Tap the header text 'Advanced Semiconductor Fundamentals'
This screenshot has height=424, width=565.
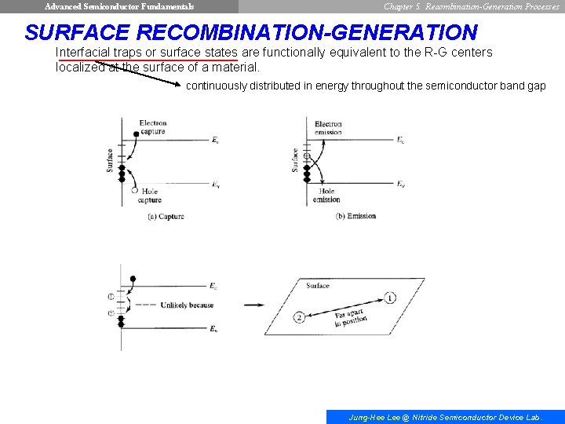click(x=119, y=6)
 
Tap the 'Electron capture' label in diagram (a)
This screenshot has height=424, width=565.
click(x=153, y=127)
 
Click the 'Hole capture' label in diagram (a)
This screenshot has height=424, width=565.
click(x=151, y=196)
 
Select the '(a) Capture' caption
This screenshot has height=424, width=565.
click(x=166, y=217)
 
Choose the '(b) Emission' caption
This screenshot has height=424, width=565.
click(x=355, y=217)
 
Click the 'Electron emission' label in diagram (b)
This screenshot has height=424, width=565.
click(x=328, y=128)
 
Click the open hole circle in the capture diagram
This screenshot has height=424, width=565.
click(x=135, y=190)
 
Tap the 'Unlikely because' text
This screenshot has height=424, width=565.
click(x=187, y=305)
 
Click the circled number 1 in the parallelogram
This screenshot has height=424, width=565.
click(x=390, y=298)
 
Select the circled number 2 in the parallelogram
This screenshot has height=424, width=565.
click(x=299, y=317)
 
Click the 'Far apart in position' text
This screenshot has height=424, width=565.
click(x=350, y=320)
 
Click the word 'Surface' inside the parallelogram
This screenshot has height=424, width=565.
click(x=318, y=286)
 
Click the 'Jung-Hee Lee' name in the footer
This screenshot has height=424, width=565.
click(x=374, y=418)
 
